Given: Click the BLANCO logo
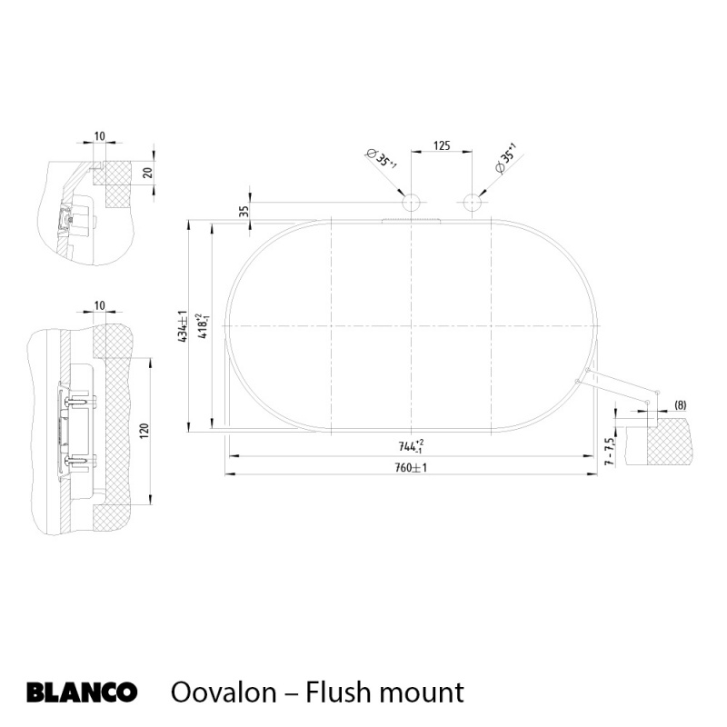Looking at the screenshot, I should [x=82, y=692].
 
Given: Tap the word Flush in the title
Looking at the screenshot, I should [x=336, y=692].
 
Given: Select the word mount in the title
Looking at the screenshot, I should [x=419, y=693].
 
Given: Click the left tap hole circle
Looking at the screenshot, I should [x=412, y=203].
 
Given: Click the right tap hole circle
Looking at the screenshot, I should [x=471, y=203].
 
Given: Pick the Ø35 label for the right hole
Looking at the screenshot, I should [x=504, y=158].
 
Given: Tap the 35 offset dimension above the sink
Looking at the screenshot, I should [x=244, y=210].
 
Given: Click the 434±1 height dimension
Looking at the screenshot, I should [x=183, y=325].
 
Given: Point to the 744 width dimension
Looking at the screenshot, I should [x=411, y=446].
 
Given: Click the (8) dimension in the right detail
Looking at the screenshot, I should [x=681, y=405].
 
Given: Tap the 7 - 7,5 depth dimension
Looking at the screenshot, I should [x=610, y=449].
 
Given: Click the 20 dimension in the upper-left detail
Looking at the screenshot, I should [x=146, y=173].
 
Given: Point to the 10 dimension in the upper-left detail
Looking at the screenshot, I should [x=99, y=136].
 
